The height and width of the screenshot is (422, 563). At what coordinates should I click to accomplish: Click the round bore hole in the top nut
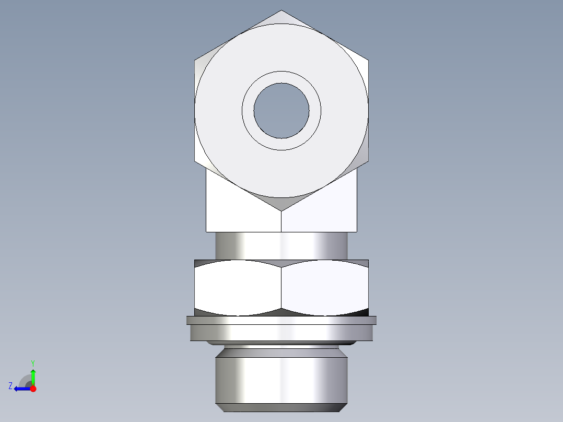click(x=281, y=110)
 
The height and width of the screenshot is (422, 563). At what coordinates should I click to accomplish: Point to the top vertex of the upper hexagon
click(x=281, y=11)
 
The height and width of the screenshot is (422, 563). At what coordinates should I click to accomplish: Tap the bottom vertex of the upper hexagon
click(x=281, y=210)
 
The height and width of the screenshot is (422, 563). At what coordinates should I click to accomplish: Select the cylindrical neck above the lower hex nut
click(x=281, y=245)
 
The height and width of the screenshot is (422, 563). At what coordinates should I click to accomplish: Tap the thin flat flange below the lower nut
click(x=281, y=320)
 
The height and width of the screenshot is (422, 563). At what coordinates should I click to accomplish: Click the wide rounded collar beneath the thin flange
click(x=281, y=333)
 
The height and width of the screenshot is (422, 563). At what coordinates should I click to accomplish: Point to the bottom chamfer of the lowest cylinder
click(x=281, y=407)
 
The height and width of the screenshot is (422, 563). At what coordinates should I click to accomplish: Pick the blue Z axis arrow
click(x=21, y=389)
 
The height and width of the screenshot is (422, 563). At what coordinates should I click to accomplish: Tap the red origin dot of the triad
click(x=33, y=389)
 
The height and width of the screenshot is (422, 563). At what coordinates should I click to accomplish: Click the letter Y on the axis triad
click(x=32, y=362)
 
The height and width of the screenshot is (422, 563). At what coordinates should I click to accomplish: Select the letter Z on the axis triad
click(x=10, y=386)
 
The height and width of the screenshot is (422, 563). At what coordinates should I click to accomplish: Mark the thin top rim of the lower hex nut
click(x=281, y=262)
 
